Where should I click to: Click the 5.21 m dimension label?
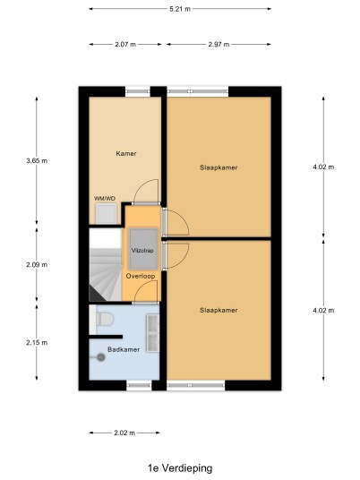point(180,9)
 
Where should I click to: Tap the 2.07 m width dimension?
point(125,45)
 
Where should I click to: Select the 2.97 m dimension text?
point(219,45)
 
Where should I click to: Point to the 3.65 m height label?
point(37,160)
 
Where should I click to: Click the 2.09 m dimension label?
point(37,265)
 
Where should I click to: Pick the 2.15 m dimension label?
point(37,343)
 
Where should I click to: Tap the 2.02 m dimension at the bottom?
point(124,433)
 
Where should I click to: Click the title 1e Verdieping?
point(180,468)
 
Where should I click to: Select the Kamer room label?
point(126,153)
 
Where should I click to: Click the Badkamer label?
point(124,349)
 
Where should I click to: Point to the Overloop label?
point(141,276)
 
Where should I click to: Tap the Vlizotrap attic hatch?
point(143,249)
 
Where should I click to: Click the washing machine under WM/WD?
point(106,213)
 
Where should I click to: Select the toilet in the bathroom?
point(105,319)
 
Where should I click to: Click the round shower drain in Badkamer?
point(101,357)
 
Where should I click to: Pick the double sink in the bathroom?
point(152,333)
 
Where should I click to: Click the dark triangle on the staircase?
point(96,294)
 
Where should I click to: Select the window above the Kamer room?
point(138,91)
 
